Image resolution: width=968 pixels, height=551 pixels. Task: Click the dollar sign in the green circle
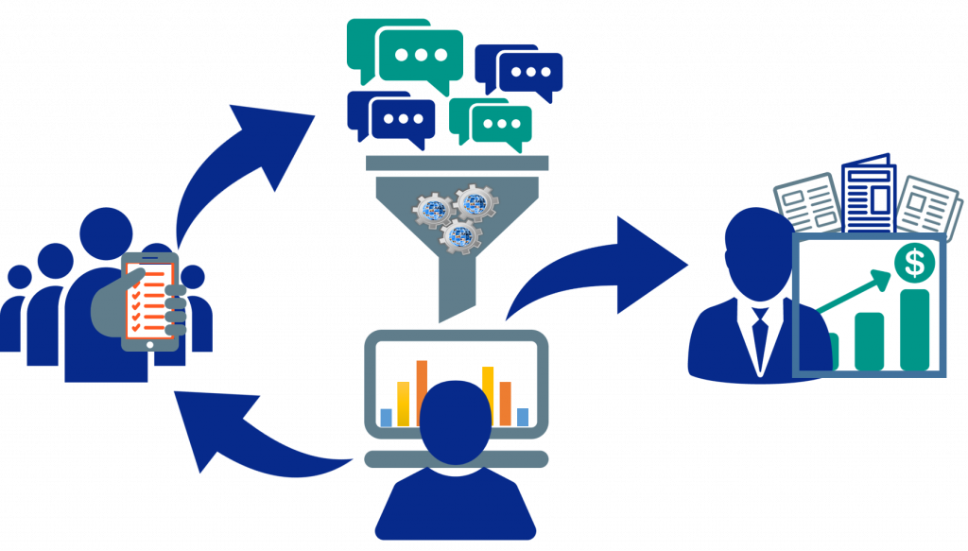(x=914, y=262)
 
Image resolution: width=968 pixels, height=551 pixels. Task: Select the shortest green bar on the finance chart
(x=831, y=351)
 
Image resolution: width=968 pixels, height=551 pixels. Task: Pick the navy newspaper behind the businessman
(x=868, y=194)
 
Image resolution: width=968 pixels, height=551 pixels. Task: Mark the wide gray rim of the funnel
(x=458, y=164)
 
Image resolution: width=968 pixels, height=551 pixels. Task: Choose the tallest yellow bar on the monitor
(x=489, y=395)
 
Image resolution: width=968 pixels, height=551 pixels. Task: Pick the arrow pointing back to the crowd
(x=246, y=430)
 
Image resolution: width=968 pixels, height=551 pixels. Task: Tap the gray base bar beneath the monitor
(x=457, y=459)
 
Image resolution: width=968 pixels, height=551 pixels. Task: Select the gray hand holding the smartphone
(x=170, y=307)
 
